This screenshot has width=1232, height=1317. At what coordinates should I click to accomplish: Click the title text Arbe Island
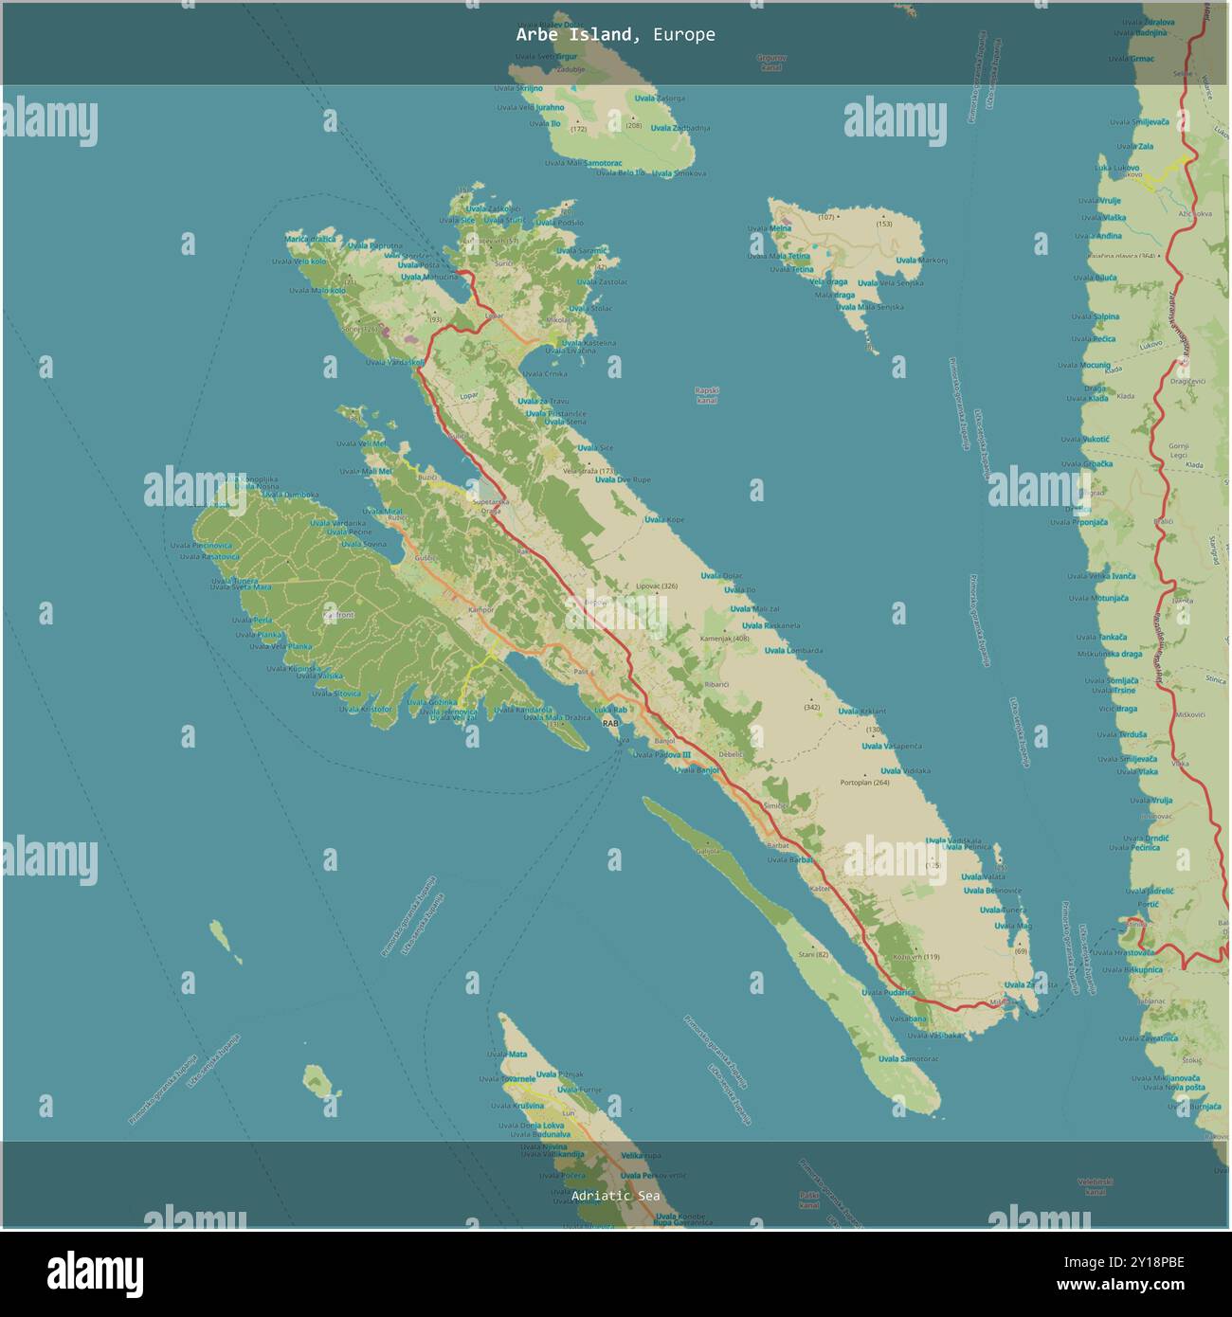[573, 35]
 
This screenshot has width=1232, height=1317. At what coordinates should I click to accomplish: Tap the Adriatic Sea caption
[615, 1196]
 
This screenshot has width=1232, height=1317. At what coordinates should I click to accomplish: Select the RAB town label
[610, 723]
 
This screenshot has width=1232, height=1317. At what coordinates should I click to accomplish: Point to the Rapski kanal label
[707, 395]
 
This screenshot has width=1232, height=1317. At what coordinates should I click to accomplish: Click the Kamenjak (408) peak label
[725, 639]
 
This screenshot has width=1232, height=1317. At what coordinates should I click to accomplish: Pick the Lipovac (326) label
[657, 586]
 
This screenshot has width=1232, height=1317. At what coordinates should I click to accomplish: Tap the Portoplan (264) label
[864, 783]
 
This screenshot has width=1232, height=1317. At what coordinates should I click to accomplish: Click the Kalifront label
[338, 615]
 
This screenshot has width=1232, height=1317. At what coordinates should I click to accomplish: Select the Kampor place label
[481, 609]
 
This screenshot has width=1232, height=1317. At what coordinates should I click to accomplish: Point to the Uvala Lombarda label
[793, 651]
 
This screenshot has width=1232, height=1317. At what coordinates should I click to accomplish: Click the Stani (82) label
[813, 954]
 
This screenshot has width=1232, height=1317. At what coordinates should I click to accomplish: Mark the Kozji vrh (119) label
[915, 957]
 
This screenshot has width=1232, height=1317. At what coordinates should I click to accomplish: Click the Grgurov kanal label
[771, 63]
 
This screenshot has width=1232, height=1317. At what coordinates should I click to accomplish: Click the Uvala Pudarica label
[888, 992]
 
